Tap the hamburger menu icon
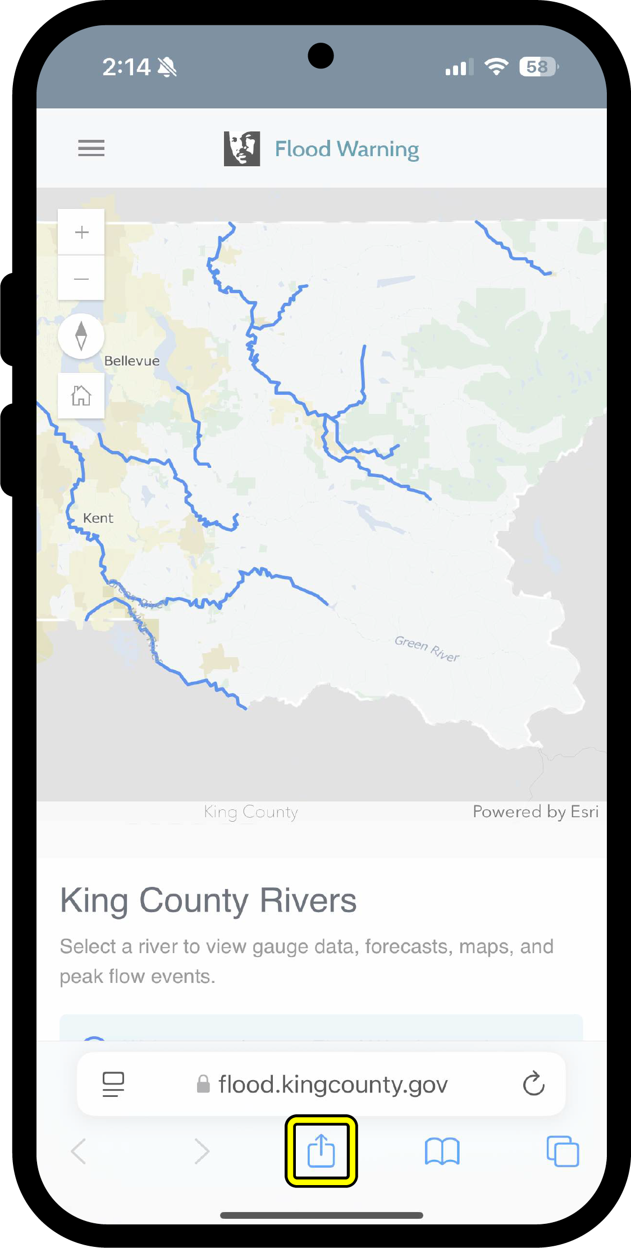point(91,148)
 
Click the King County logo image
point(242,149)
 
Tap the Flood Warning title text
point(346,149)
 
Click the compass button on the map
point(81,336)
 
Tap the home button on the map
point(81,395)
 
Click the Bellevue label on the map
point(132,361)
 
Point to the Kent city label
point(98,518)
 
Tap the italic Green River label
point(427,649)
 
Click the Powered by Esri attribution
point(535,812)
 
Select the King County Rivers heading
point(208,901)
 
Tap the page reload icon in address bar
point(533,1084)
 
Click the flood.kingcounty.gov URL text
point(333,1085)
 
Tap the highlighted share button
point(321,1151)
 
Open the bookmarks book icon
point(442,1151)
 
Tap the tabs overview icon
point(563,1151)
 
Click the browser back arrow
point(79,1151)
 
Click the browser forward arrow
point(202,1151)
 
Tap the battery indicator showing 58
point(538,67)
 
